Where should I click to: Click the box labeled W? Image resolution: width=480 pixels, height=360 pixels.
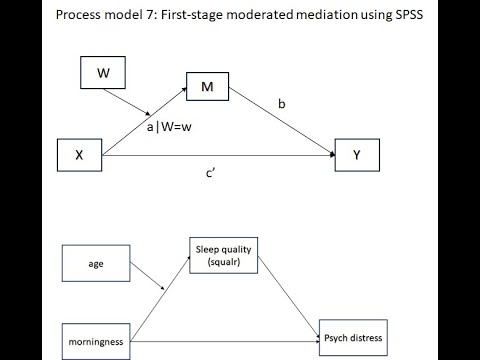click(x=103, y=72)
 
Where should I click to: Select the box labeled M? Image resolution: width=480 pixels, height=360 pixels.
click(x=207, y=88)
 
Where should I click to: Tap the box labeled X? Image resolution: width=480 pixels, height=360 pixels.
click(x=78, y=155)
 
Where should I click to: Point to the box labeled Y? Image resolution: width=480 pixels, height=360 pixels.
click(x=356, y=155)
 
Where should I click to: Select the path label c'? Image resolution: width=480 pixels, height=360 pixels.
click(x=211, y=173)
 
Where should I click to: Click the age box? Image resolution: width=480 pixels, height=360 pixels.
click(x=96, y=263)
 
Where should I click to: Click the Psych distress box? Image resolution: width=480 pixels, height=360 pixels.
click(x=351, y=336)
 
